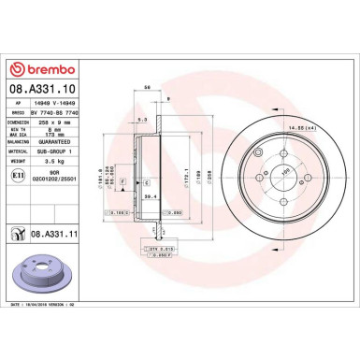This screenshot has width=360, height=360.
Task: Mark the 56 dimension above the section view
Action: [x=148, y=86]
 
